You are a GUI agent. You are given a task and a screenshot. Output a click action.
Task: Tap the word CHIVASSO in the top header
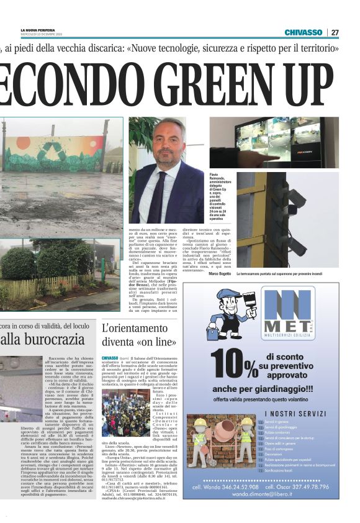[x=304, y=32]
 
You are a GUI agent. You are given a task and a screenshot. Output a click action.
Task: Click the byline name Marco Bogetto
[x=220, y=274]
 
